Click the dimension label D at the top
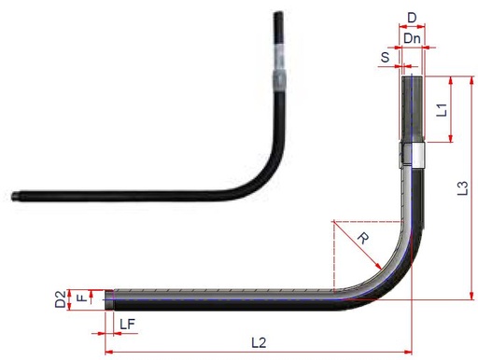tap(412, 18)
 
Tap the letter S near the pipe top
tap(385, 57)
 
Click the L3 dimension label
tap(462, 188)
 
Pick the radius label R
tap(362, 239)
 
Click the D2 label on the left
tap(60, 300)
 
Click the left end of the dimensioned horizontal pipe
tap(110, 299)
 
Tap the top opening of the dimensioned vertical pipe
tap(413, 78)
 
